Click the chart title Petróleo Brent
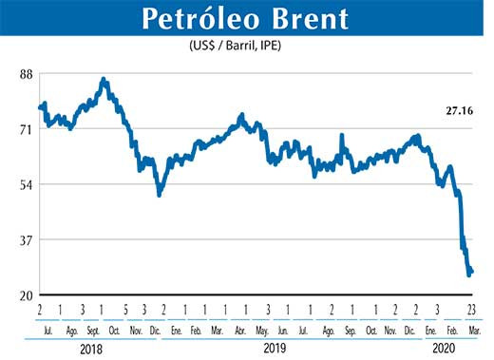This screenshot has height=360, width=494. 245,19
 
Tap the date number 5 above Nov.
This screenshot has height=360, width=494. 123,310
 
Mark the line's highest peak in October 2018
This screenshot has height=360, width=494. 104,80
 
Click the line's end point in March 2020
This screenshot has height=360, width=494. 472,271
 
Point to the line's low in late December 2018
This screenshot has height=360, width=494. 160,195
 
